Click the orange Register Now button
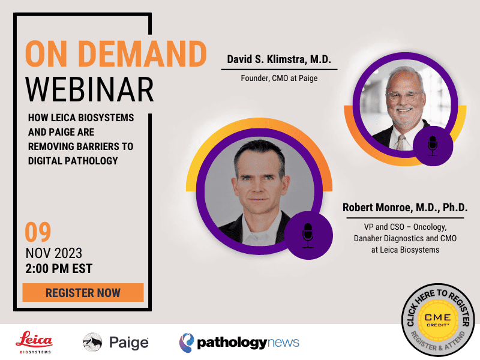[83, 292]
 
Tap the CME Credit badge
[438, 320]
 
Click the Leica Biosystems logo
[34, 342]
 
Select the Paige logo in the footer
[116, 342]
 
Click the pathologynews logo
[239, 343]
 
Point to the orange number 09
[38, 232]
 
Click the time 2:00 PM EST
[59, 268]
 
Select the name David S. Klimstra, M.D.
[279, 59]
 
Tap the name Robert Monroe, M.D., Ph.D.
[405, 207]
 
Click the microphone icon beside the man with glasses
[433, 146]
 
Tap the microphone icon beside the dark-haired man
[308, 235]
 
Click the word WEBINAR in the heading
[89, 89]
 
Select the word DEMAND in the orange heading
[142, 54]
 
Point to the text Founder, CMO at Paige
[279, 79]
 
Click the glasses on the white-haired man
[405, 96]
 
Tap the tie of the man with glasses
[401, 142]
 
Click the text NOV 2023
[54, 253]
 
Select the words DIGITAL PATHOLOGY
[73, 161]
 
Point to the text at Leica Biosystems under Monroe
[405, 250]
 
